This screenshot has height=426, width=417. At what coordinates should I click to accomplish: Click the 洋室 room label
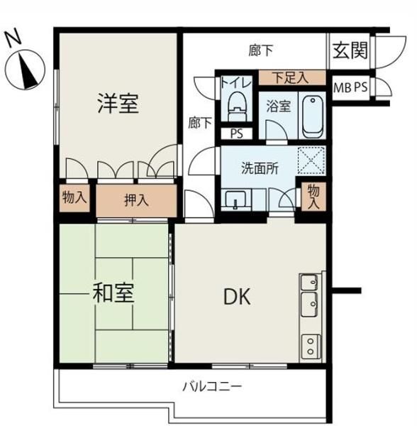coord(118,104)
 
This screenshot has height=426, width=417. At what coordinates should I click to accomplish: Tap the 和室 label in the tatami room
coord(113,293)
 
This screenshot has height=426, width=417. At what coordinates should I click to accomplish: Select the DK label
coord(237,297)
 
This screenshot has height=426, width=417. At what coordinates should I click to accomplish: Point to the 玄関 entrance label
coord(350,50)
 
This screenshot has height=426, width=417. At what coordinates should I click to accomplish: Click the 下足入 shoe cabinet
coord(292,77)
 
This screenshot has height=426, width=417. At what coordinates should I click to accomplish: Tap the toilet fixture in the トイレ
coord(238,106)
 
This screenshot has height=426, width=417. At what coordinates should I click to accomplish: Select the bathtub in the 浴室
coord(313,117)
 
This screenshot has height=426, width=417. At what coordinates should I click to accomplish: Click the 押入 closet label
coord(136,200)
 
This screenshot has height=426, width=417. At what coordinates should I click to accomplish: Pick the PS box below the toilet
coord(237,133)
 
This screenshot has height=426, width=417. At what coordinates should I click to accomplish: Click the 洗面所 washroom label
coord(260,168)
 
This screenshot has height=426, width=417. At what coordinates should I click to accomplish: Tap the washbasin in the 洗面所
coord(235,200)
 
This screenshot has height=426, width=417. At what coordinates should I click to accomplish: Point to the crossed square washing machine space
coord(311,160)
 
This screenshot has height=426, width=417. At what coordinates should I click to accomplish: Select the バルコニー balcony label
coord(212,386)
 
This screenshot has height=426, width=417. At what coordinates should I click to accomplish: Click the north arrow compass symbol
coord(25,70)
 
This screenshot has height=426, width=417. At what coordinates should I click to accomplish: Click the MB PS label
coord(350,87)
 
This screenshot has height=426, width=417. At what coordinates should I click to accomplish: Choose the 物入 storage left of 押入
coord(74,197)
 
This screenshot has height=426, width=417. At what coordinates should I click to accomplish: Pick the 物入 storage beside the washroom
coord(313,196)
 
